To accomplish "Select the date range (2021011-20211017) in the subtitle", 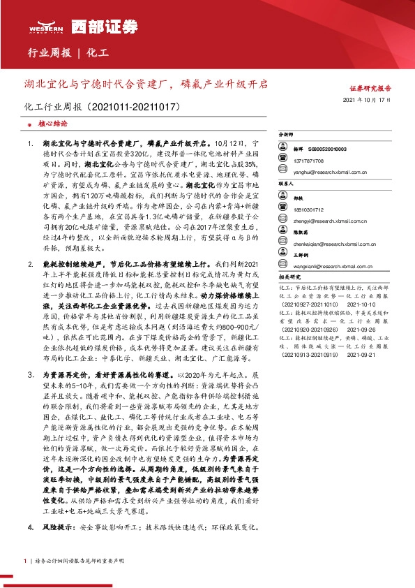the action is click(135, 108).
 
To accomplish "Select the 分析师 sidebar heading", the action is click(287, 135).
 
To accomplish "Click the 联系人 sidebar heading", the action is click(287, 184).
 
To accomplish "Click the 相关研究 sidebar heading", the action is click(289, 277).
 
